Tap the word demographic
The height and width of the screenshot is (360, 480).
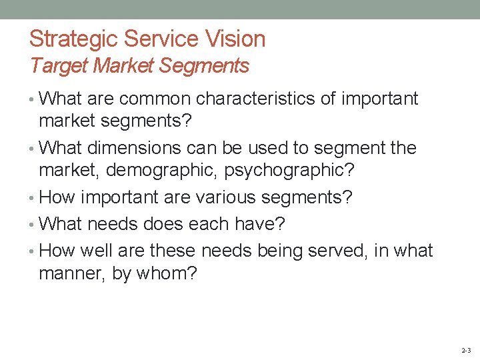pyautogui.click(x=161, y=171)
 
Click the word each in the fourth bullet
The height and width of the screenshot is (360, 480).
pyautogui.click(x=209, y=224)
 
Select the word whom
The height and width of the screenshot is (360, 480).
pyautogui.click(x=167, y=274)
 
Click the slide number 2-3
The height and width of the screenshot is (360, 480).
pyautogui.click(x=465, y=350)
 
